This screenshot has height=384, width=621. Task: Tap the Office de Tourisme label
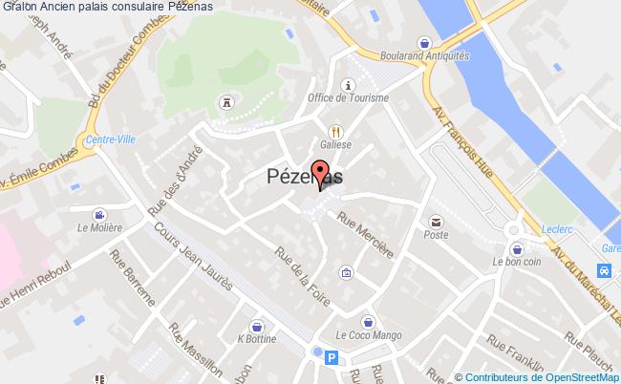pyautogui.click(x=348, y=98)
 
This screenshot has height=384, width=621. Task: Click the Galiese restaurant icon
pyautogui.click(x=334, y=131)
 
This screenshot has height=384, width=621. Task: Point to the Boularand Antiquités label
pyautogui.click(x=424, y=55)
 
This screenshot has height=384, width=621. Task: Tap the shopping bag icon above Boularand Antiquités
pyautogui.click(x=424, y=42)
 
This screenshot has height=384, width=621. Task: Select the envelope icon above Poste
pyautogui.click(x=437, y=220)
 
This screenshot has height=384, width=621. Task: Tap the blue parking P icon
pyautogui.click(x=332, y=358)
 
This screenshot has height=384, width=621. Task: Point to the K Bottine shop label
pyautogui.click(x=255, y=338)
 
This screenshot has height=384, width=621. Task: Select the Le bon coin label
pyautogui.click(x=512, y=261)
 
